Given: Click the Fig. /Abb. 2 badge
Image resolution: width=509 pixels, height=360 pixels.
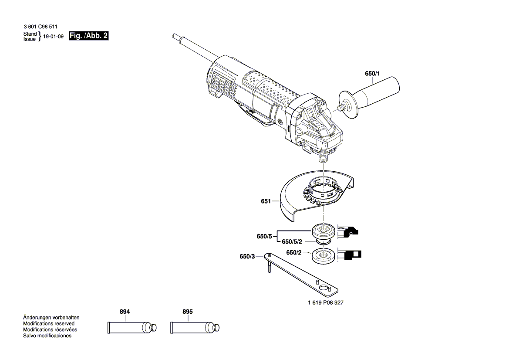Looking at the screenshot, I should (88, 36).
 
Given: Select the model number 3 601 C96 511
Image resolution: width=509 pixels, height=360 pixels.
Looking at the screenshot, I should (40, 27).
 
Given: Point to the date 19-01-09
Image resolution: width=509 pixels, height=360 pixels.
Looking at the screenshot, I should (54, 37).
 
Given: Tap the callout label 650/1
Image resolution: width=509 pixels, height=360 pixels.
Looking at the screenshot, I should (372, 74).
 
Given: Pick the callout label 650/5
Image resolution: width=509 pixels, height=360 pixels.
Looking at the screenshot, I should (264, 236).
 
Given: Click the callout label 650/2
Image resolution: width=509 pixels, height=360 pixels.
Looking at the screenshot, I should (293, 252).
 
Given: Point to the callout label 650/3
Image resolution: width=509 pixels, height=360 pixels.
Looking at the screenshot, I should (247, 257).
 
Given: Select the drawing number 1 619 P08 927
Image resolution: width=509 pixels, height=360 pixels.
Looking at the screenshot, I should (325, 302).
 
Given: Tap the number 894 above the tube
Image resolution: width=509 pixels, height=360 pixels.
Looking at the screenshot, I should (125, 312).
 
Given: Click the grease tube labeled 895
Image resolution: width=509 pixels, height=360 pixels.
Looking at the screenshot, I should (194, 327).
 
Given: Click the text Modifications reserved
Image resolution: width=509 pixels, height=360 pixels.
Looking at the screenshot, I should (48, 323).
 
